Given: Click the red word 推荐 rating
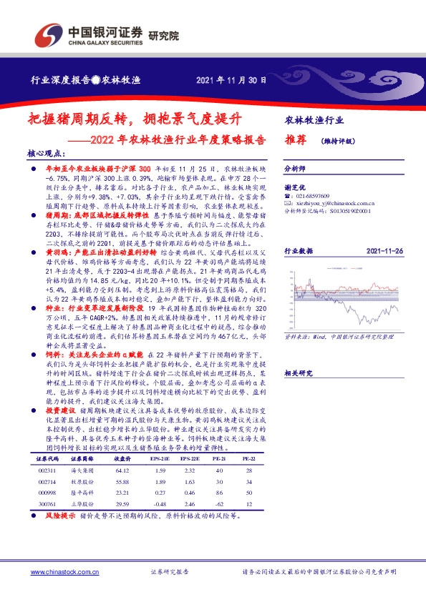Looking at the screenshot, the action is click(297, 139).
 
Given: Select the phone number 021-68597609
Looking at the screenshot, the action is click(314, 196).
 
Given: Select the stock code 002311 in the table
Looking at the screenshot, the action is click(45, 470).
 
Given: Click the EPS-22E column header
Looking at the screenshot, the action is click(190, 458).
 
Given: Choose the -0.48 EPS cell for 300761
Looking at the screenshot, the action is click(160, 504).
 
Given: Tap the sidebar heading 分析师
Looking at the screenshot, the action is click(296, 169).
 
